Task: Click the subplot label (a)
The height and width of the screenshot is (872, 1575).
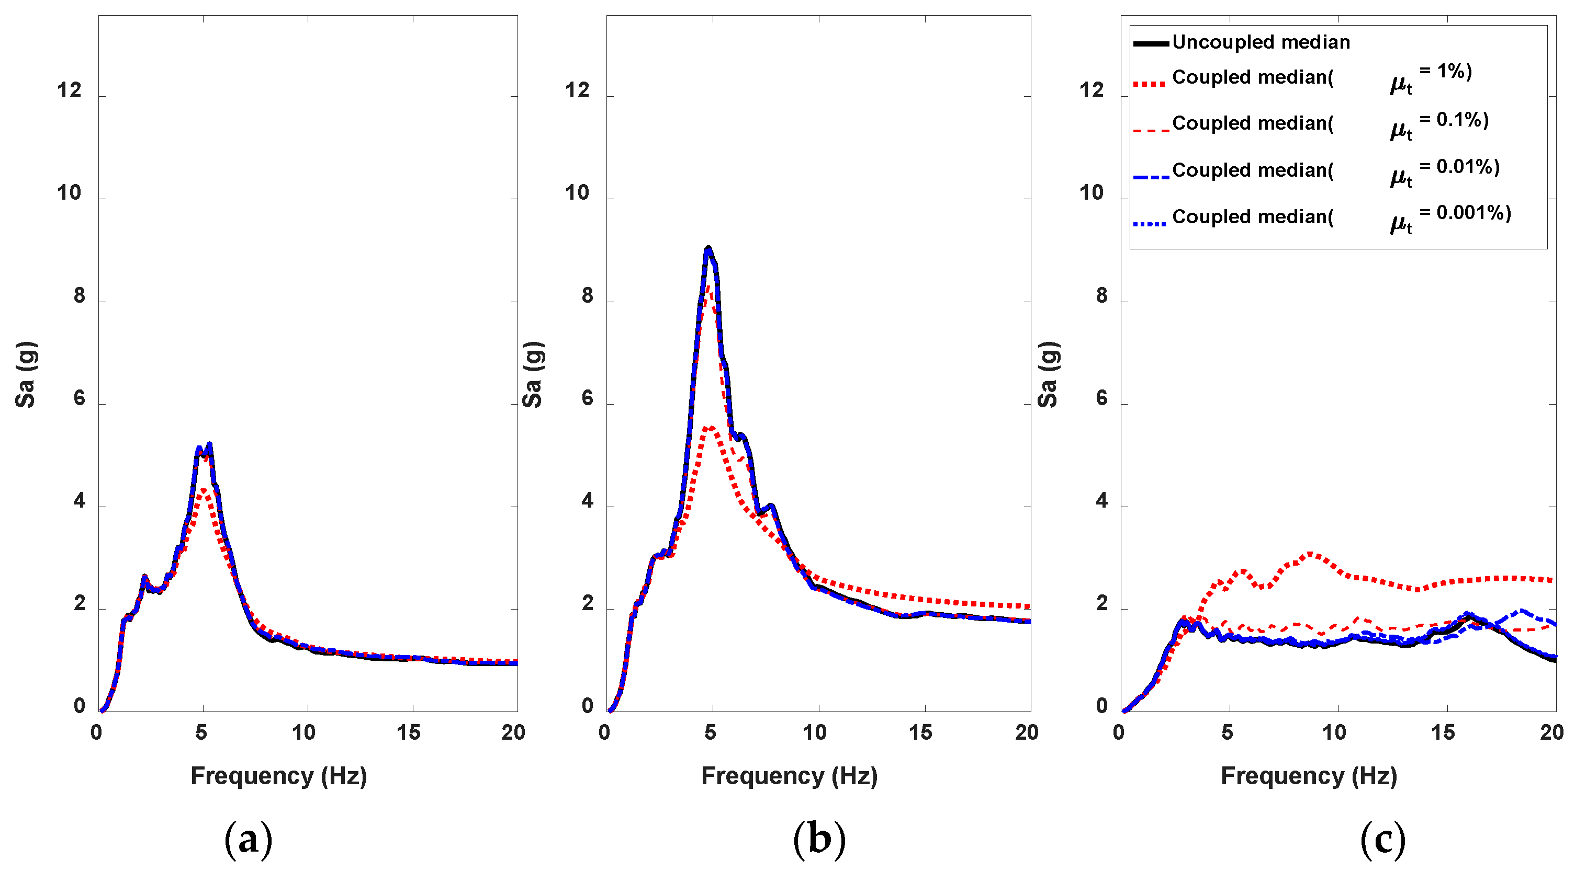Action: point(248,840)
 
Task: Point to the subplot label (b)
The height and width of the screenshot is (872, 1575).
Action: point(819,840)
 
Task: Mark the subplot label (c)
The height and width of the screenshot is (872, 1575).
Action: point(1382,840)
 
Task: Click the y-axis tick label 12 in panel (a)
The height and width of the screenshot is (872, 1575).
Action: point(69,90)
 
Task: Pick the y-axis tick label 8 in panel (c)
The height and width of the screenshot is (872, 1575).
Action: point(1101,296)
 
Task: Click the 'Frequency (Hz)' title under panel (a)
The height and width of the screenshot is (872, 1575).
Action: point(278,775)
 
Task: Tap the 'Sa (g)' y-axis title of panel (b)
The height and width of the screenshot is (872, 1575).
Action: point(532,374)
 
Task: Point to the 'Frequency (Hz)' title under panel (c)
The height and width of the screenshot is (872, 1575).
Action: point(1309,775)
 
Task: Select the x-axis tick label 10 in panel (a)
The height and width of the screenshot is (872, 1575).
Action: point(303,732)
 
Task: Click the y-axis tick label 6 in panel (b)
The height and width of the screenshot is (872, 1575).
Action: point(587,398)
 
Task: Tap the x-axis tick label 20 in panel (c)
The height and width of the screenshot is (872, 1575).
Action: point(1551,732)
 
